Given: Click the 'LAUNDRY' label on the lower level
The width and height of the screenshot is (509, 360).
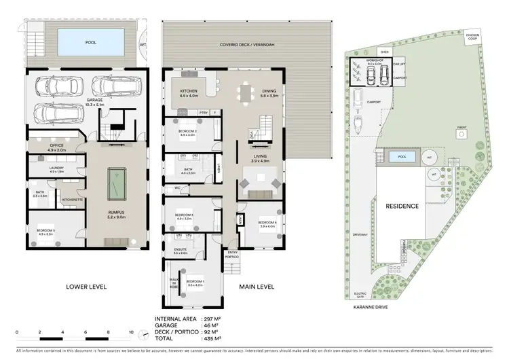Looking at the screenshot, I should pyautogui.click(x=56, y=169).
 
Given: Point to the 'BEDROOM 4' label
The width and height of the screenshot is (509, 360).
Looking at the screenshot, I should pyautogui.click(x=267, y=223).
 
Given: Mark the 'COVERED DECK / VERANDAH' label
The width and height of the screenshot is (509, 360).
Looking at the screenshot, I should pyautogui.click(x=244, y=45).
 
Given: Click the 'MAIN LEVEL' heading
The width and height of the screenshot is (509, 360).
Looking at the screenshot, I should pyautogui.click(x=257, y=287).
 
